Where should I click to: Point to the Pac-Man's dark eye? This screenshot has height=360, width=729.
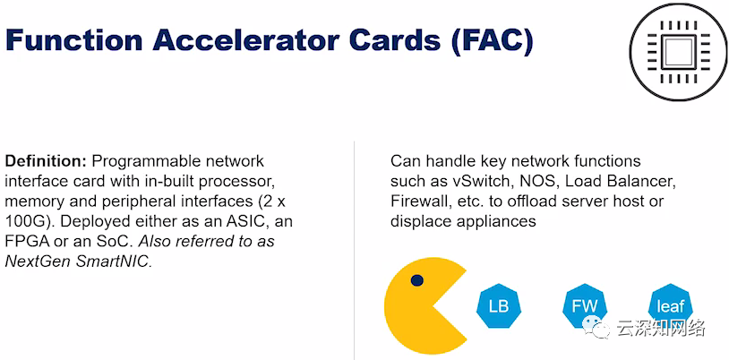[417, 281]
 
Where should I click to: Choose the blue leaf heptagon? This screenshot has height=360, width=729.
[670, 305]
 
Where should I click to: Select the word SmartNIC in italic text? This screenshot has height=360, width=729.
[108, 261]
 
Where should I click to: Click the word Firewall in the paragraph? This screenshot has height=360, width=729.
[421, 201]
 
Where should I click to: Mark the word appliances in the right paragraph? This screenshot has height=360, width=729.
[491, 221]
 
